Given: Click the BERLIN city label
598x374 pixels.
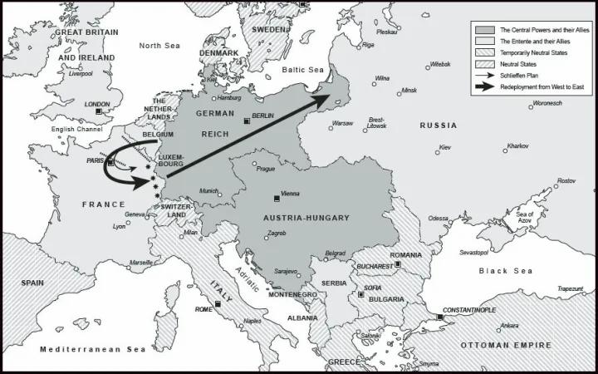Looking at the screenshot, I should [262, 116].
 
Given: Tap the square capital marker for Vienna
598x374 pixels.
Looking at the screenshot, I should [277, 198].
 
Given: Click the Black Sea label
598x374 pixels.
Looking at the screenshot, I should [504, 271].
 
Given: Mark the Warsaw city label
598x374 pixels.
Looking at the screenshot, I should [342, 123].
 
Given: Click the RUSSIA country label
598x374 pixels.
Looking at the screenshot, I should [438, 125].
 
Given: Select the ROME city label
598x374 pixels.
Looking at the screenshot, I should [203, 309].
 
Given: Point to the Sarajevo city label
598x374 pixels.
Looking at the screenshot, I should [286, 272].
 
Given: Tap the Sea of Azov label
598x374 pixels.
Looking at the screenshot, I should [525, 218].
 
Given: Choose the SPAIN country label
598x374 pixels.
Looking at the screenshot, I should [32, 283].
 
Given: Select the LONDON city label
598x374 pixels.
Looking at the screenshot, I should [96, 104].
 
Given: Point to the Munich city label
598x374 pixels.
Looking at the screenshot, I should [208, 190].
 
